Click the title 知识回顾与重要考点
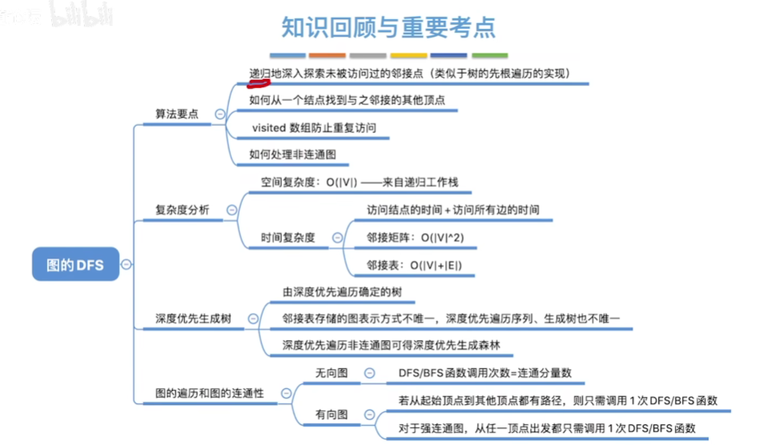[x=389, y=27]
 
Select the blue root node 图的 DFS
[x=74, y=264]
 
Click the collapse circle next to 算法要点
[x=220, y=114]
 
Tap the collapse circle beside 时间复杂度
[x=337, y=238]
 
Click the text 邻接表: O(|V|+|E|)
[x=414, y=265]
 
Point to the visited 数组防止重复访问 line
[x=313, y=127]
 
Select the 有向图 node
[x=332, y=414]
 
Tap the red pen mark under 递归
[x=258, y=79]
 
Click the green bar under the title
[x=489, y=55]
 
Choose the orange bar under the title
[x=327, y=55]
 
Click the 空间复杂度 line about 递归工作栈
[x=360, y=182]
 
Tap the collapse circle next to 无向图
[x=369, y=372]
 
